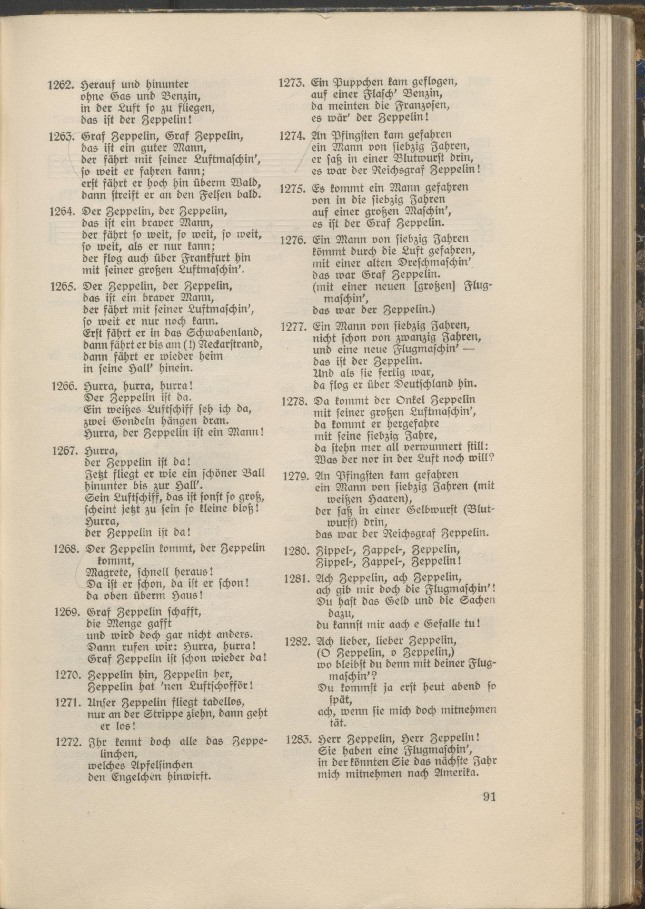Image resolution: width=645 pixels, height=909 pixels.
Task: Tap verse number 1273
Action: click(292, 83)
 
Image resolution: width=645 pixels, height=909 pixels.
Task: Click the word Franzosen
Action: click(419, 106)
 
